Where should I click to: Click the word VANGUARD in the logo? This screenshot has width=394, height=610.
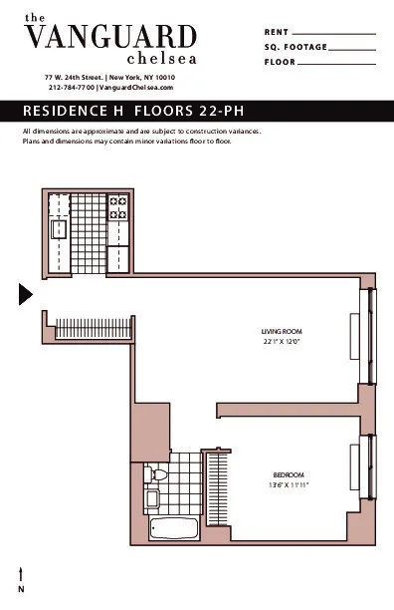(x=109, y=38)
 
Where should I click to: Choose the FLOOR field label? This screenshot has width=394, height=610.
(x=281, y=62)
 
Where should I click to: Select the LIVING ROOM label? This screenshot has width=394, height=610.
(x=282, y=331)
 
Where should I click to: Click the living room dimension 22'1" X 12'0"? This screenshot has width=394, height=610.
(x=282, y=342)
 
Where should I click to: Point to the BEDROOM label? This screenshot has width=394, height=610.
(x=288, y=474)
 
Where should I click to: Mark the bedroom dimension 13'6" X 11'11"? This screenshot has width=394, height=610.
(x=288, y=485)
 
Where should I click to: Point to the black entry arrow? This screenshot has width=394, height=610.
(x=26, y=293)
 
